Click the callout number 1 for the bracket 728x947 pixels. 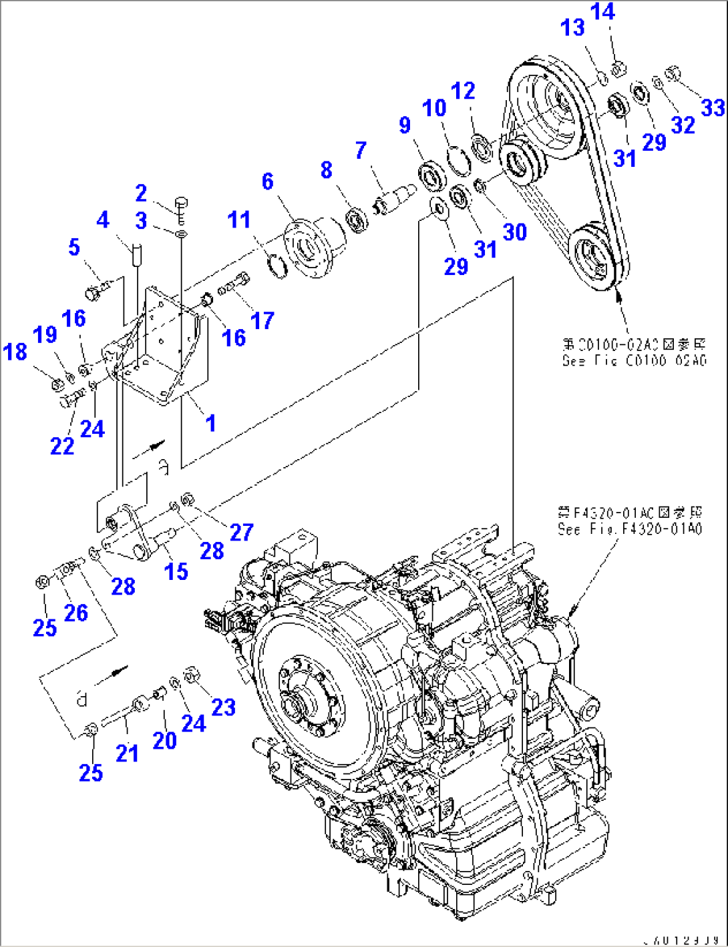[x=210, y=422]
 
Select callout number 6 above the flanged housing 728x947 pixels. [x=268, y=181]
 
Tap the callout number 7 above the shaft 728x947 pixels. [x=361, y=150]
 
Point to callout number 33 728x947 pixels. [x=713, y=107]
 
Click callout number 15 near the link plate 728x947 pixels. [x=176, y=571]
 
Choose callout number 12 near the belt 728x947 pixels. [x=463, y=91]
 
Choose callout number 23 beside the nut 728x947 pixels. [x=224, y=707]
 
